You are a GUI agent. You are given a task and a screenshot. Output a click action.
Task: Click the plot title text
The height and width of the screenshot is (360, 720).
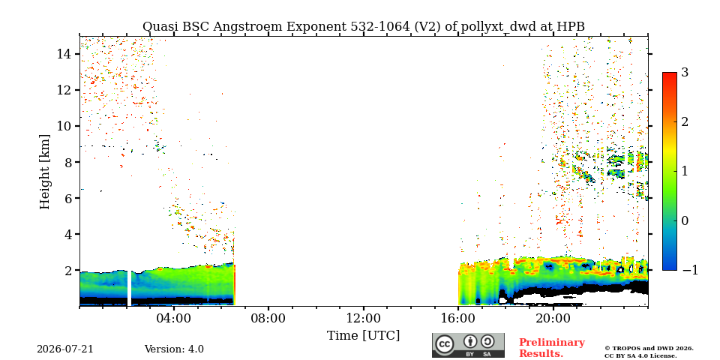tap(363, 27)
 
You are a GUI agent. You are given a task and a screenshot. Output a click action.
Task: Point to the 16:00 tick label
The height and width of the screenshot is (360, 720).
tap(458, 318)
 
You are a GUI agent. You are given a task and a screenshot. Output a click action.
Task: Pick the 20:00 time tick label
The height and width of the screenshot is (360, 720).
tap(553, 318)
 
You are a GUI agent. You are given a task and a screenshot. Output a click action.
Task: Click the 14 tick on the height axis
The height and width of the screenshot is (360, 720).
tap(63, 54)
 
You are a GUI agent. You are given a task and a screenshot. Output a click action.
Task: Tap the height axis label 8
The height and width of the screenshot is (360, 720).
tap(67, 162)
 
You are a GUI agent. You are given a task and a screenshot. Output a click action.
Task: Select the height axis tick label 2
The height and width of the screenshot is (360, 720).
tap(67, 271)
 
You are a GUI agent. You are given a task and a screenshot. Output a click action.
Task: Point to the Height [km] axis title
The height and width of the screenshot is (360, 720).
tap(44, 172)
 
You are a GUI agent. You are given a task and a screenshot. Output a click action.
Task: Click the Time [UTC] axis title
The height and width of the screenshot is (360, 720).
tap(363, 336)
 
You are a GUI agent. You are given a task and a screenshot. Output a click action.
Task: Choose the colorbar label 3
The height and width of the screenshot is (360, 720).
tap(685, 73)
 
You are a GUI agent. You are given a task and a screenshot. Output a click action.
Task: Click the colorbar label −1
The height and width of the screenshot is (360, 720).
tap(690, 270)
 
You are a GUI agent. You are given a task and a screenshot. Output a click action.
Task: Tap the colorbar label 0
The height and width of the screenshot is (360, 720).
tap(685, 220)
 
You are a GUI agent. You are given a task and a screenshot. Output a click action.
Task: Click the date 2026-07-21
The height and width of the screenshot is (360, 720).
tap(64, 349)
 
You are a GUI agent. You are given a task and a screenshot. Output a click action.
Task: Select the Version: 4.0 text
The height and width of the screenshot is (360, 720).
tap(174, 349)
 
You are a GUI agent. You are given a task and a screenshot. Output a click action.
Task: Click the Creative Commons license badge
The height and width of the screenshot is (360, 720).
tap(468, 345)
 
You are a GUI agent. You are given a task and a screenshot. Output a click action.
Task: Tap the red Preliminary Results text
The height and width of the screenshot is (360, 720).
tap(552, 347)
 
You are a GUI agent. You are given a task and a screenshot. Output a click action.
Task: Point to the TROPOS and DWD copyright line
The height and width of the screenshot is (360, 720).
tap(649, 349)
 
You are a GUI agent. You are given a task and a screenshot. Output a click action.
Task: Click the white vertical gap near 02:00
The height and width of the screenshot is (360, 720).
tap(130, 288)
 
